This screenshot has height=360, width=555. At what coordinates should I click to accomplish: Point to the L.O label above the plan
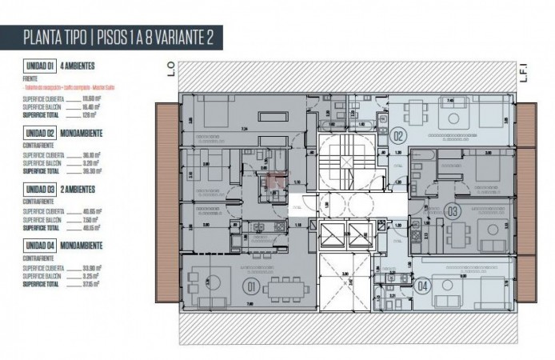click(171, 70)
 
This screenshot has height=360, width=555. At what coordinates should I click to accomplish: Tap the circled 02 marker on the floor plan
click(398, 136)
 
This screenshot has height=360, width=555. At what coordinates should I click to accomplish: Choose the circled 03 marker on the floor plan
click(452, 212)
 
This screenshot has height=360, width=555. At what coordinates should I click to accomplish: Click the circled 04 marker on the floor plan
click(422, 284)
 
